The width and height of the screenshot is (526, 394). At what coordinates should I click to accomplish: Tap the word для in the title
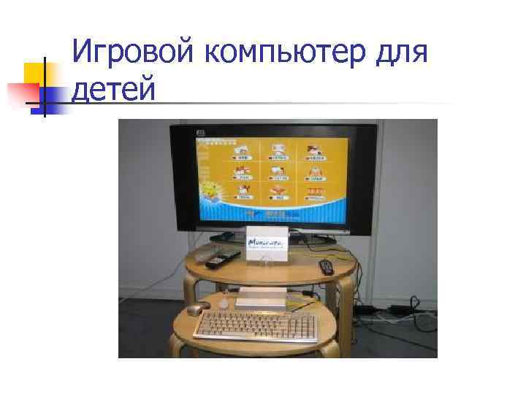(399, 53)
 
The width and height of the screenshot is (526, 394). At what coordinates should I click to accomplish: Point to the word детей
(116, 90)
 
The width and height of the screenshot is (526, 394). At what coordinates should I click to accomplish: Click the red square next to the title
(23, 92)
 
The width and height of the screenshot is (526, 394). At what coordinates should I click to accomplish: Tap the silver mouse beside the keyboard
(197, 309)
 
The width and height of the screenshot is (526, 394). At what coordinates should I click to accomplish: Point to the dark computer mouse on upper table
(326, 266)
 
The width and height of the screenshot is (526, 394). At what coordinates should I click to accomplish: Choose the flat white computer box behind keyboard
(259, 298)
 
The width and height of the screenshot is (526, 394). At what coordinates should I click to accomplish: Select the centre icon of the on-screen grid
(278, 172)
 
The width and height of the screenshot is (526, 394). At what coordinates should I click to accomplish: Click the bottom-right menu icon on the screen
(316, 193)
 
